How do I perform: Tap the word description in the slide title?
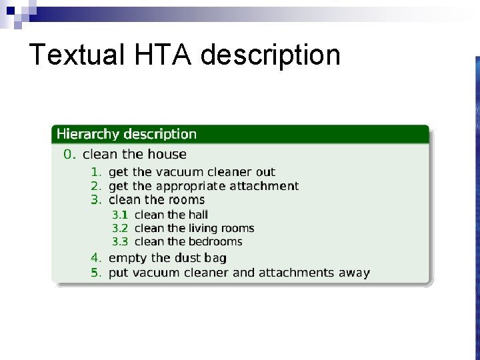270,55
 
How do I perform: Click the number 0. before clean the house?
70,154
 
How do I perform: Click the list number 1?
96,172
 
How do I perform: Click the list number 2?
96,186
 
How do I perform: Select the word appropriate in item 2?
189,186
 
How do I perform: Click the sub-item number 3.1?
120,215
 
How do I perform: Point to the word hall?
198,215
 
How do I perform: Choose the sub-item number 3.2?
120,228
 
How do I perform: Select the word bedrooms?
215,241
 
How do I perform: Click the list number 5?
96,272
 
